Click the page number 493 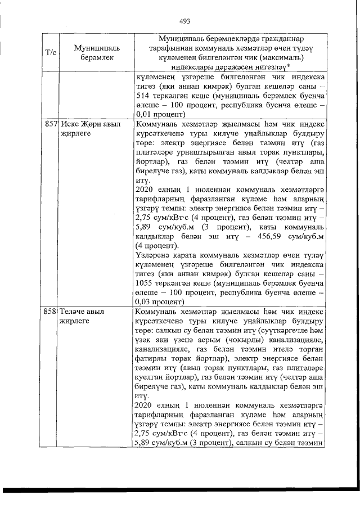[185, 22]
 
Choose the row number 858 [51, 310]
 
